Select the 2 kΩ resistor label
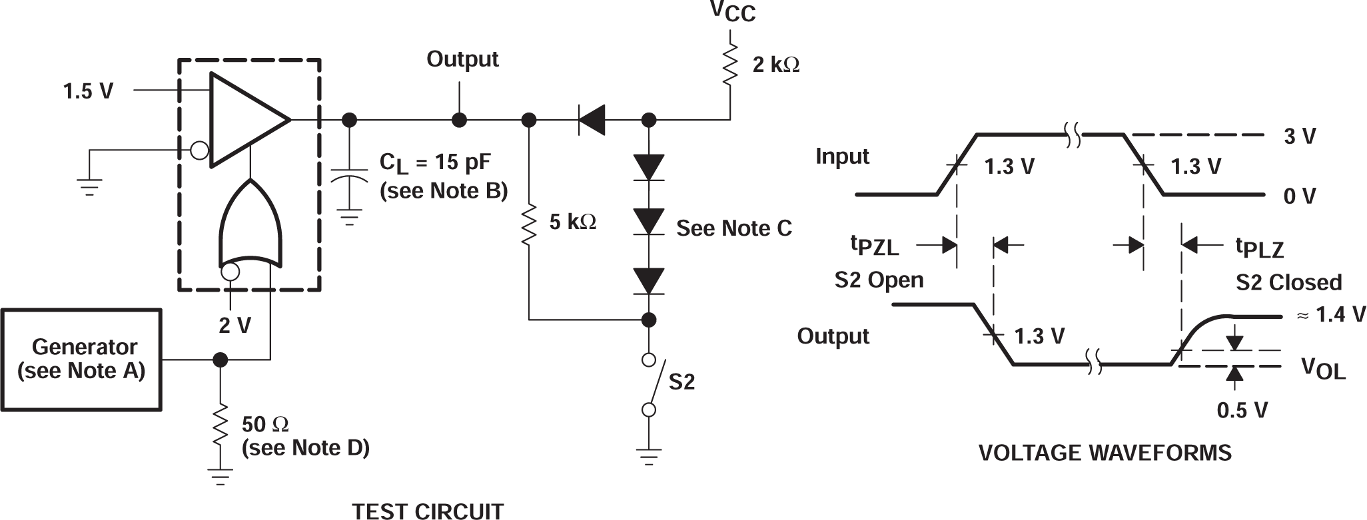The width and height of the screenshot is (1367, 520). pos(775,65)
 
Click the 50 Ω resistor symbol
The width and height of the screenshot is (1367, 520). pos(221,426)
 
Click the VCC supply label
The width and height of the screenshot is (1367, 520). pos(732,11)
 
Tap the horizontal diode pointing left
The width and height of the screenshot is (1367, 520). pos(591,121)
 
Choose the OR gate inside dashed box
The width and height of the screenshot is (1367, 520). pos(250,226)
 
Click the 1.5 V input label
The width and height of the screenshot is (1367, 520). pos(88,91)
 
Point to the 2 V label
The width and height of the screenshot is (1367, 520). pos(234,326)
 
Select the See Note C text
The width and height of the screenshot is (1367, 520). pos(733,228)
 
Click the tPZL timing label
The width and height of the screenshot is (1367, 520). pos(874,246)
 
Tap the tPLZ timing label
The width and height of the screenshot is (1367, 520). pos(1259,248)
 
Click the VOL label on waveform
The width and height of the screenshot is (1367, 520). pos(1323,368)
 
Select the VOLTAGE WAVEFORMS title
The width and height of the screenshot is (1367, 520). pos(1105,453)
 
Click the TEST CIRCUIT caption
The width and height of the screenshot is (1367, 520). pos(427,511)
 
